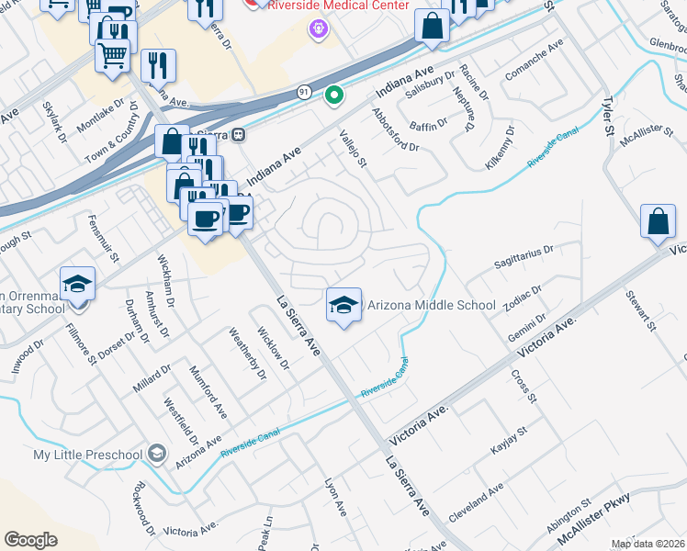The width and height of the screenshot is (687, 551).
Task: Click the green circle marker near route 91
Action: [x=335, y=94]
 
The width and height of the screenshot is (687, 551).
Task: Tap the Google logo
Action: [x=30, y=539]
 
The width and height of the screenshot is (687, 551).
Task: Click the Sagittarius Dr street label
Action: [x=523, y=249]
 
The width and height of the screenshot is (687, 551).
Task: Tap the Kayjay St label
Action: [x=509, y=444]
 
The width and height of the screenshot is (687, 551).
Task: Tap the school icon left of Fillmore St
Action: [x=77, y=284]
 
